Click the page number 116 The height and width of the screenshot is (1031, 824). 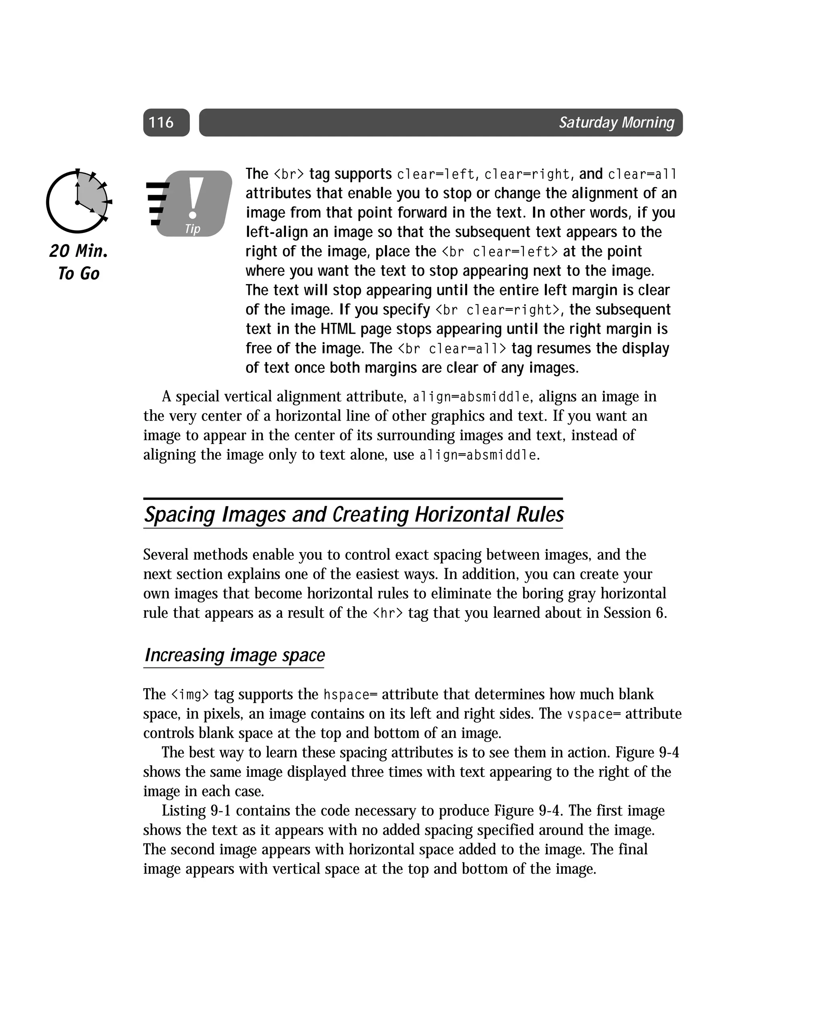[161, 122]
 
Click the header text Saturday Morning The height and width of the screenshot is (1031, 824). [616, 122]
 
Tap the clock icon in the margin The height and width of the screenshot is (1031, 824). [78, 201]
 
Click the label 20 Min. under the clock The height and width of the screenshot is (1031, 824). [78, 251]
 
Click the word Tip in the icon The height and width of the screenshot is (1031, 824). [192, 229]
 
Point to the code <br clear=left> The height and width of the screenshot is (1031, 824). [499, 252]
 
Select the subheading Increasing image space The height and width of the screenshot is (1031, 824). [234, 655]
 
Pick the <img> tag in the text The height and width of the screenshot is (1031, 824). [190, 694]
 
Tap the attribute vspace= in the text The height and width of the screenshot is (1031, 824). [593, 714]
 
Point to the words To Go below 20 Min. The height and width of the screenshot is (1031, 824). [78, 274]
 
